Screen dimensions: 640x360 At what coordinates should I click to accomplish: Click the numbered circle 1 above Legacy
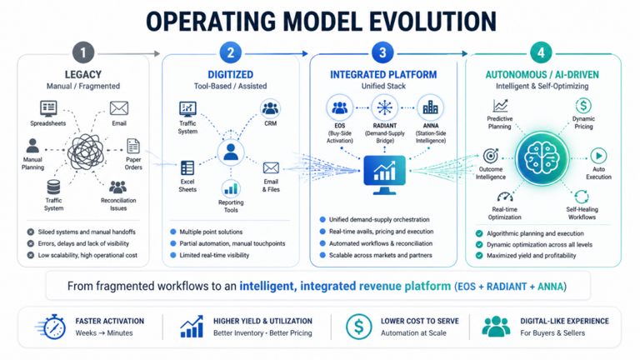tap(83, 52)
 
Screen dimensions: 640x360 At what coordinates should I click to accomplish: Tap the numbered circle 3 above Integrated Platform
tap(382, 52)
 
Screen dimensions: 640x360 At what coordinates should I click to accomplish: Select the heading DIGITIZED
tap(231, 75)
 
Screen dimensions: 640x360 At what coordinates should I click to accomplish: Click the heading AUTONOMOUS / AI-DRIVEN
tap(542, 75)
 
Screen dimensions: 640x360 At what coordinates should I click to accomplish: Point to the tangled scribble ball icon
tap(86, 152)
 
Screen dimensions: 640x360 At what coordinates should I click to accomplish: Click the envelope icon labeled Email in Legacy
tap(119, 108)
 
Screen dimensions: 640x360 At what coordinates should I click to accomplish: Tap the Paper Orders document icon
tap(133, 146)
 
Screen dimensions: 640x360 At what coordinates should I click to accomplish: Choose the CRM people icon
tap(270, 108)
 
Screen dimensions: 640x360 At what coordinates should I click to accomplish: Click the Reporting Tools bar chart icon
tap(231, 188)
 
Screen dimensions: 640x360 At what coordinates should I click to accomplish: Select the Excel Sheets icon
tap(187, 167)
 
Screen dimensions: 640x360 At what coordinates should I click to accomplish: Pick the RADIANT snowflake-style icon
tap(384, 107)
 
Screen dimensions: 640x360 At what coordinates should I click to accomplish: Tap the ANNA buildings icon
tap(430, 107)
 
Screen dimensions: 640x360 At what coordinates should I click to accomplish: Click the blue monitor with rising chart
tap(384, 175)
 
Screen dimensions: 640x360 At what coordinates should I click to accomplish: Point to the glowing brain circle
tap(542, 158)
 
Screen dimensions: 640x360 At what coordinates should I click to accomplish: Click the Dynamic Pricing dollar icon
tap(583, 106)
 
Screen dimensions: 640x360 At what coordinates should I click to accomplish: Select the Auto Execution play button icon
tap(598, 156)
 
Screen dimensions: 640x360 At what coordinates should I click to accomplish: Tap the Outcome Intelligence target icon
tap(491, 156)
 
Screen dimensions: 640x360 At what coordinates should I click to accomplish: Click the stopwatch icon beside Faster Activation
tap(52, 327)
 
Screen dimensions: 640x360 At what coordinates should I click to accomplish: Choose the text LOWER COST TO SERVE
tap(420, 321)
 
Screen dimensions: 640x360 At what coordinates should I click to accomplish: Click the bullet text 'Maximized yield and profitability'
tap(531, 256)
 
